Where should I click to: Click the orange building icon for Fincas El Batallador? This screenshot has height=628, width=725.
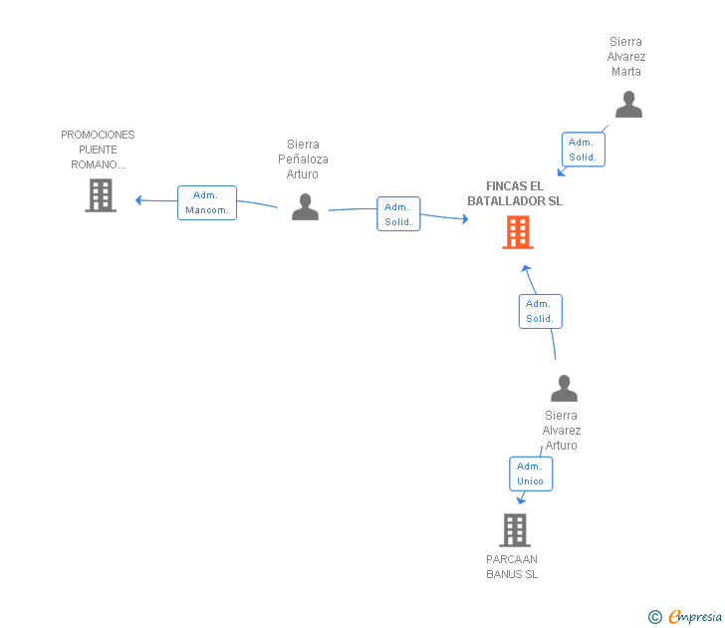pyautogui.click(x=518, y=232)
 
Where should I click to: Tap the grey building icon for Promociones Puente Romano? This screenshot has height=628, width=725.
pyautogui.click(x=101, y=195)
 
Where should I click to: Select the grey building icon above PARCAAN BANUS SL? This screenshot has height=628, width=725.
pyautogui.click(x=515, y=530)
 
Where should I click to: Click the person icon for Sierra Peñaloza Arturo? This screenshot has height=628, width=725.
pyautogui.click(x=305, y=207)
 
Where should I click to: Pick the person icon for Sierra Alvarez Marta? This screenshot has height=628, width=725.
pyautogui.click(x=628, y=104)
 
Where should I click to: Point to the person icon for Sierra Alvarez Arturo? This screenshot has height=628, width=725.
pyautogui.click(x=564, y=388)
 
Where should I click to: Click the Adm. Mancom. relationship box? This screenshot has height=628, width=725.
pyautogui.click(x=207, y=202)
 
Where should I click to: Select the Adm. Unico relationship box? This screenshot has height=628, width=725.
pyautogui.click(x=531, y=473)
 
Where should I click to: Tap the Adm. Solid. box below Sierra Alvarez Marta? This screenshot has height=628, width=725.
pyautogui.click(x=584, y=150)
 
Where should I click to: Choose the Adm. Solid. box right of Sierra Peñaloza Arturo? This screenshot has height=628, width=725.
pyautogui.click(x=398, y=213)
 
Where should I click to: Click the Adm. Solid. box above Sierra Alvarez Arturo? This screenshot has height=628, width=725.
pyautogui.click(x=541, y=311)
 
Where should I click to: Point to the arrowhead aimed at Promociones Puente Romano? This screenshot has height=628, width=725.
pyautogui.click(x=138, y=200)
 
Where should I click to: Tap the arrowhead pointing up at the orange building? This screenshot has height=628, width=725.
pyautogui.click(x=526, y=269)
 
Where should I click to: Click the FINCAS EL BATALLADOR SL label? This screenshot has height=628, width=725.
pyautogui.click(x=515, y=193)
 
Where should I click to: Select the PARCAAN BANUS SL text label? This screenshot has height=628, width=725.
pyautogui.click(x=512, y=566)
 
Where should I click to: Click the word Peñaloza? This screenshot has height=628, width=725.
pyautogui.click(x=304, y=159)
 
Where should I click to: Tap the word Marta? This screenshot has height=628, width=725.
pyautogui.click(x=626, y=72)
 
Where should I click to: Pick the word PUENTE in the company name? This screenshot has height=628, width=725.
pyautogui.click(x=98, y=150)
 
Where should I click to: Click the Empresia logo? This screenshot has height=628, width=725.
pyautogui.click(x=685, y=616)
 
